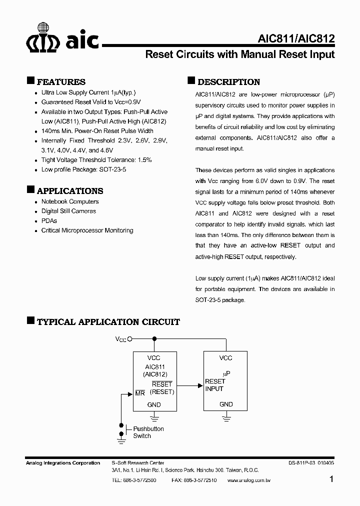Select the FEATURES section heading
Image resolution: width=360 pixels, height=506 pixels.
click(61, 82)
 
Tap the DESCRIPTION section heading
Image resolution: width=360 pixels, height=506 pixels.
click(228, 82)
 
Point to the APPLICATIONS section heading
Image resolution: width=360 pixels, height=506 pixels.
click(70, 191)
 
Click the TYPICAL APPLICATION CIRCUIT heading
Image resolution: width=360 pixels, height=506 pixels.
click(108, 322)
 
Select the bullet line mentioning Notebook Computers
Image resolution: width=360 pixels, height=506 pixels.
click(69, 201)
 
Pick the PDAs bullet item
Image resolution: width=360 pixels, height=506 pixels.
click(49, 220)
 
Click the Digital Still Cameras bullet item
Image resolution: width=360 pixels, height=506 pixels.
click(68, 211)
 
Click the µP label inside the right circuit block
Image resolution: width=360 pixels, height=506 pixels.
click(226, 373)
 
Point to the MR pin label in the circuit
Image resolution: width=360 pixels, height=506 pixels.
click(140, 393)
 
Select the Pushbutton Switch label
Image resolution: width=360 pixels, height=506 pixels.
click(148, 432)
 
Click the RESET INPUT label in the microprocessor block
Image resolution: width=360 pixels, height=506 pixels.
click(215, 385)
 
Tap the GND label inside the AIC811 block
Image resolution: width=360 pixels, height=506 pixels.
click(154, 404)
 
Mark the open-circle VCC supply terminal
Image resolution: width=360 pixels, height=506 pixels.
click(130, 339)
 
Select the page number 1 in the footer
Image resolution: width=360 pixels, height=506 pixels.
click(332, 479)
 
